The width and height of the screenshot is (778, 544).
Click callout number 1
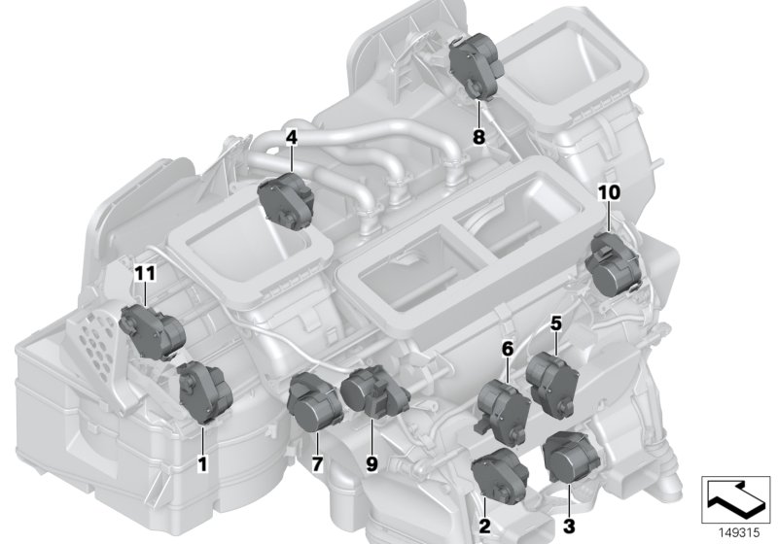(202, 464)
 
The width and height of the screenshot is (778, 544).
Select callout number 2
(484, 526)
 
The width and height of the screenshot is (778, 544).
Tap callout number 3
(569, 526)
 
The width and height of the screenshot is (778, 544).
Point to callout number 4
(291, 137)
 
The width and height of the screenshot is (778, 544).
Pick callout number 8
(478, 137)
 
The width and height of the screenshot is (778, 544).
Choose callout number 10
(610, 192)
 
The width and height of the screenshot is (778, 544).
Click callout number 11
(145, 273)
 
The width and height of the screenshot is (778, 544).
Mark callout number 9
(371, 464)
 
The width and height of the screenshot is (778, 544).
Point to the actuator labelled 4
(286, 201)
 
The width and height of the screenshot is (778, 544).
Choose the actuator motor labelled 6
(503, 410)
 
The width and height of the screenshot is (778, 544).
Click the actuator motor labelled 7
(314, 403)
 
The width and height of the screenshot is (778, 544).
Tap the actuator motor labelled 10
(613, 264)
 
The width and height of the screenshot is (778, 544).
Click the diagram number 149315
(739, 533)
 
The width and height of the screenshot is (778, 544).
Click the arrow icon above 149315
(735, 499)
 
